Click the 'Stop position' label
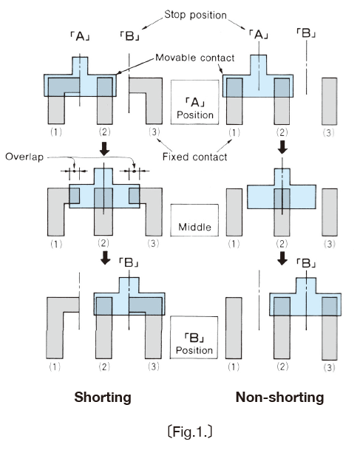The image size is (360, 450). (x=195, y=15)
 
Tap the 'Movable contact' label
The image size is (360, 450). (x=195, y=58)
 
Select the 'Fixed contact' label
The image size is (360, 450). (x=194, y=157)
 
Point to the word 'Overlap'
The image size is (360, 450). (x=24, y=157)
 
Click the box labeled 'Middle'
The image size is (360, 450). (x=194, y=220)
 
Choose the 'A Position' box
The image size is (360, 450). (x=195, y=102)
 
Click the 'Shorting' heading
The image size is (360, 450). (x=103, y=398)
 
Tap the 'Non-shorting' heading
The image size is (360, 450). (x=279, y=398)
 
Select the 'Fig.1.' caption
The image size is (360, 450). (x=190, y=432)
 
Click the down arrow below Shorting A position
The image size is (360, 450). (x=104, y=149)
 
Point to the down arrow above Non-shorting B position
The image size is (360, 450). (x=282, y=259)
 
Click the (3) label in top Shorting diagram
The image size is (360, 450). (x=154, y=132)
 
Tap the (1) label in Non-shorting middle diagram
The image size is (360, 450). (x=234, y=244)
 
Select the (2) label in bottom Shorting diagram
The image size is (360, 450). (x=104, y=367)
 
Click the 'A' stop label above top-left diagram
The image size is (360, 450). (x=80, y=36)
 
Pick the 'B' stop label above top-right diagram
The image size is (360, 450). (x=306, y=33)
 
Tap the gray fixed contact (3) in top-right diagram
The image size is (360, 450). (x=329, y=101)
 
